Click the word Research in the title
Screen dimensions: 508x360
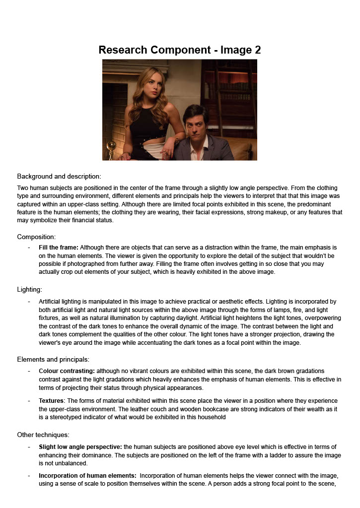coord(123,50)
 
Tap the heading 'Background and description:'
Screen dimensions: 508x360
coord(59,176)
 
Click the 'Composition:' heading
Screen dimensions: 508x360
coord(36,237)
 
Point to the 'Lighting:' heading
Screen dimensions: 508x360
coord(29,289)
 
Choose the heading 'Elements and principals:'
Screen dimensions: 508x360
coord(53,359)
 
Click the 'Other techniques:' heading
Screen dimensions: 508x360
coord(43,435)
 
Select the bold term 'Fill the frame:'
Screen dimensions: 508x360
coord(58,247)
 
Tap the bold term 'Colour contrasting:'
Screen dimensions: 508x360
coord(67,371)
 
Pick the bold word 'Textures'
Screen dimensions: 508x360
coord(52,400)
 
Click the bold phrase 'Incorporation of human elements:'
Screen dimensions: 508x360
coord(87,475)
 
